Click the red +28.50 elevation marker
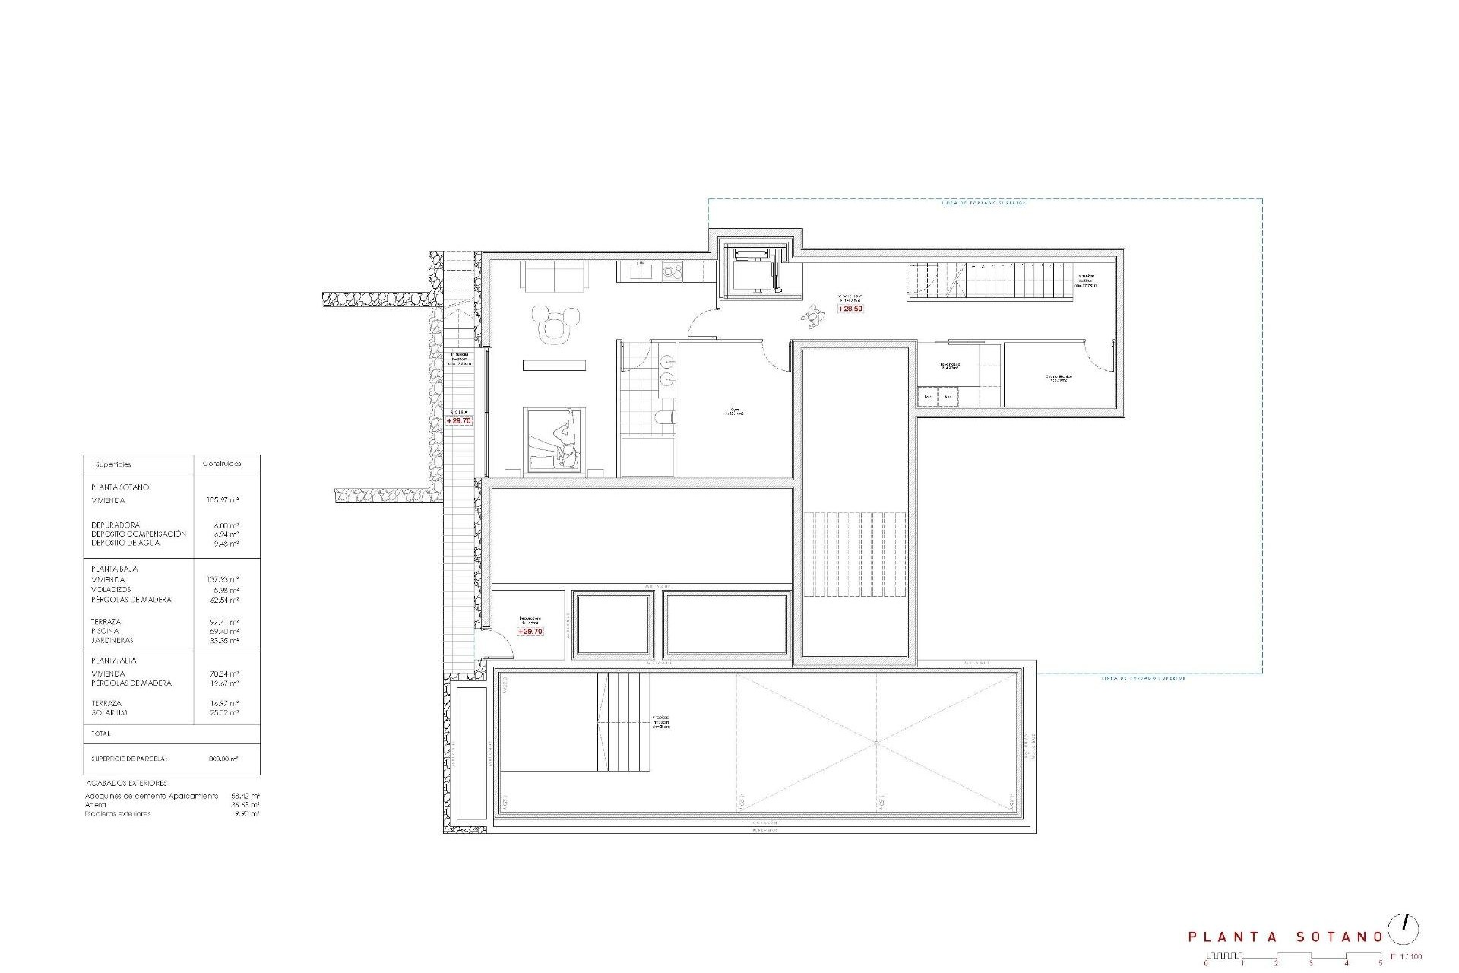(850, 309)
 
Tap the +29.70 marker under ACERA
(459, 420)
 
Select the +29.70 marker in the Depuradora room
(530, 632)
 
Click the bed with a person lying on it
(555, 439)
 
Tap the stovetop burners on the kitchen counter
(672, 269)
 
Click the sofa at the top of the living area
(555, 277)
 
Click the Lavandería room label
(950, 365)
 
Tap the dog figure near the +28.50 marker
(815, 315)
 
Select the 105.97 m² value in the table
(223, 500)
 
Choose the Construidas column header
(222, 464)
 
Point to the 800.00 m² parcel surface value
(223, 759)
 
